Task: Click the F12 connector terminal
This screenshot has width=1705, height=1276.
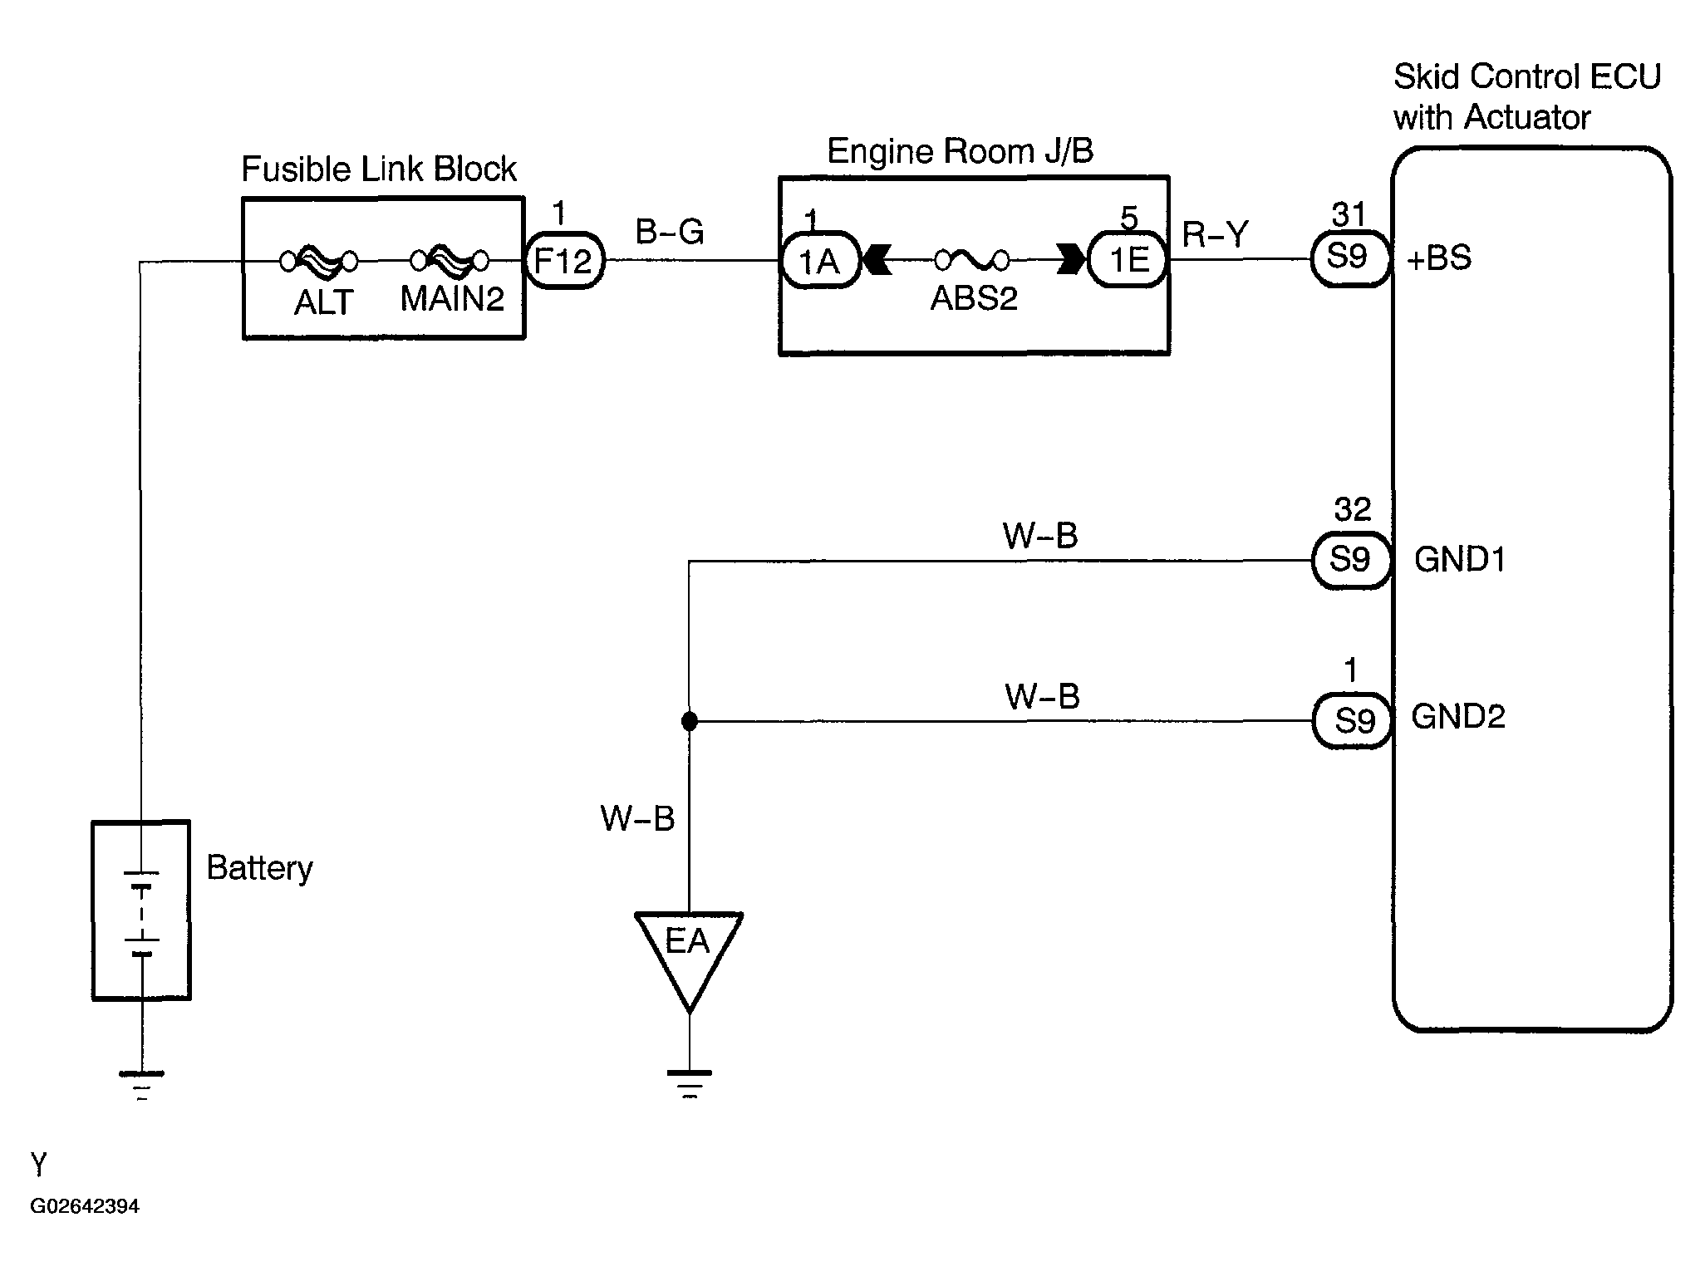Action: (564, 261)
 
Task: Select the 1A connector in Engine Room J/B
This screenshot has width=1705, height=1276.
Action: (820, 261)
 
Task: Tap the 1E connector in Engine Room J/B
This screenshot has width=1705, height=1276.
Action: (1128, 261)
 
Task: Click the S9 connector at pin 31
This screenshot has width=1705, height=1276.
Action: (1349, 258)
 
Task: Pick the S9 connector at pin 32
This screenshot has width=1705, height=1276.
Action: (1351, 560)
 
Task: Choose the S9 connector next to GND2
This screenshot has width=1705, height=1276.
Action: (1353, 721)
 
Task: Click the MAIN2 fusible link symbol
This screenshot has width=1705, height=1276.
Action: (450, 262)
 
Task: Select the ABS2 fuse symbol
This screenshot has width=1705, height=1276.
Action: (972, 261)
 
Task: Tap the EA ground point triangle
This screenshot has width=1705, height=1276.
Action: (689, 955)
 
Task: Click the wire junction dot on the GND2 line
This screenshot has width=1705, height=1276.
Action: (689, 722)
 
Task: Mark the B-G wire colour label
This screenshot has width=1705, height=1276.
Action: (670, 232)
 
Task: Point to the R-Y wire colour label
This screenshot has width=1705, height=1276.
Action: (1216, 234)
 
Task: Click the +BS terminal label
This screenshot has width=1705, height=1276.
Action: (1439, 258)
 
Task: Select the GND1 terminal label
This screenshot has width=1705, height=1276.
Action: (1460, 560)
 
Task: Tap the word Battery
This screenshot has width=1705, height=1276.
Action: (259, 869)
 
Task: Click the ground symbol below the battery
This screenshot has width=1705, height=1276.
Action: (141, 1085)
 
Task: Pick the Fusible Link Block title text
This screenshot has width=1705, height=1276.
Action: (379, 169)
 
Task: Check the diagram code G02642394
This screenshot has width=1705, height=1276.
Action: (85, 1206)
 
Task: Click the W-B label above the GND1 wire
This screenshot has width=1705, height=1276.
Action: (1040, 536)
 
